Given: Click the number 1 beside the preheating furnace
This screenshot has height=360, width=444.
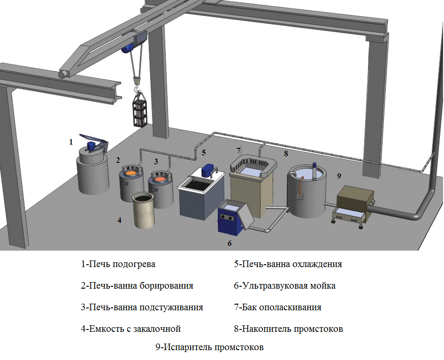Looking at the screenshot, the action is pos(71,142).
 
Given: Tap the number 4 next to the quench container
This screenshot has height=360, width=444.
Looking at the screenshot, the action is pos(120,220).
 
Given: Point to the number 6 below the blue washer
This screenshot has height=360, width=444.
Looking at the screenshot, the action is pos(230,243).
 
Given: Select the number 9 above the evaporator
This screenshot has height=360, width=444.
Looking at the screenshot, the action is pos(339,176).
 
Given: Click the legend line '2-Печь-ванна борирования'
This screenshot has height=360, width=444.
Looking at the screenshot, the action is pos(137,286).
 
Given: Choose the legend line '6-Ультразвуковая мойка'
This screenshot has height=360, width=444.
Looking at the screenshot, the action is pos(284,286).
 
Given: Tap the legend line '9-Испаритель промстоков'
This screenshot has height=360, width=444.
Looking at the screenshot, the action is pos(209,347).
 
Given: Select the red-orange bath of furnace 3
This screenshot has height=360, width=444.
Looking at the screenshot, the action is pos(160,179).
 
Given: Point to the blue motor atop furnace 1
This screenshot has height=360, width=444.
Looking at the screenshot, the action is pos(91,146).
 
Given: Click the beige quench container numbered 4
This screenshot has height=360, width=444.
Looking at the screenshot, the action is pos(144,210).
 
